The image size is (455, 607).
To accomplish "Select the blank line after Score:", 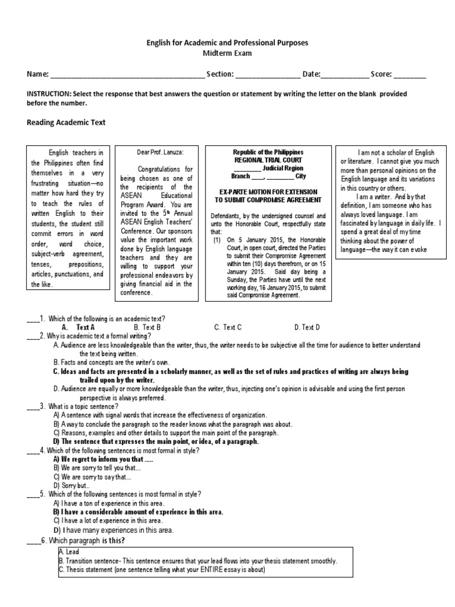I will (x=409, y=75).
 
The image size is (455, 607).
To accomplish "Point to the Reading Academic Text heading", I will (x=66, y=123).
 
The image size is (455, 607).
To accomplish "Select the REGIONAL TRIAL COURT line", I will (x=267, y=160).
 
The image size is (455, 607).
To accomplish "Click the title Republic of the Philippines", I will (x=267, y=152).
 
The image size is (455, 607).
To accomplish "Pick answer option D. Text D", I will (x=307, y=327).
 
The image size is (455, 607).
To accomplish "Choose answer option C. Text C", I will (x=227, y=327).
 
